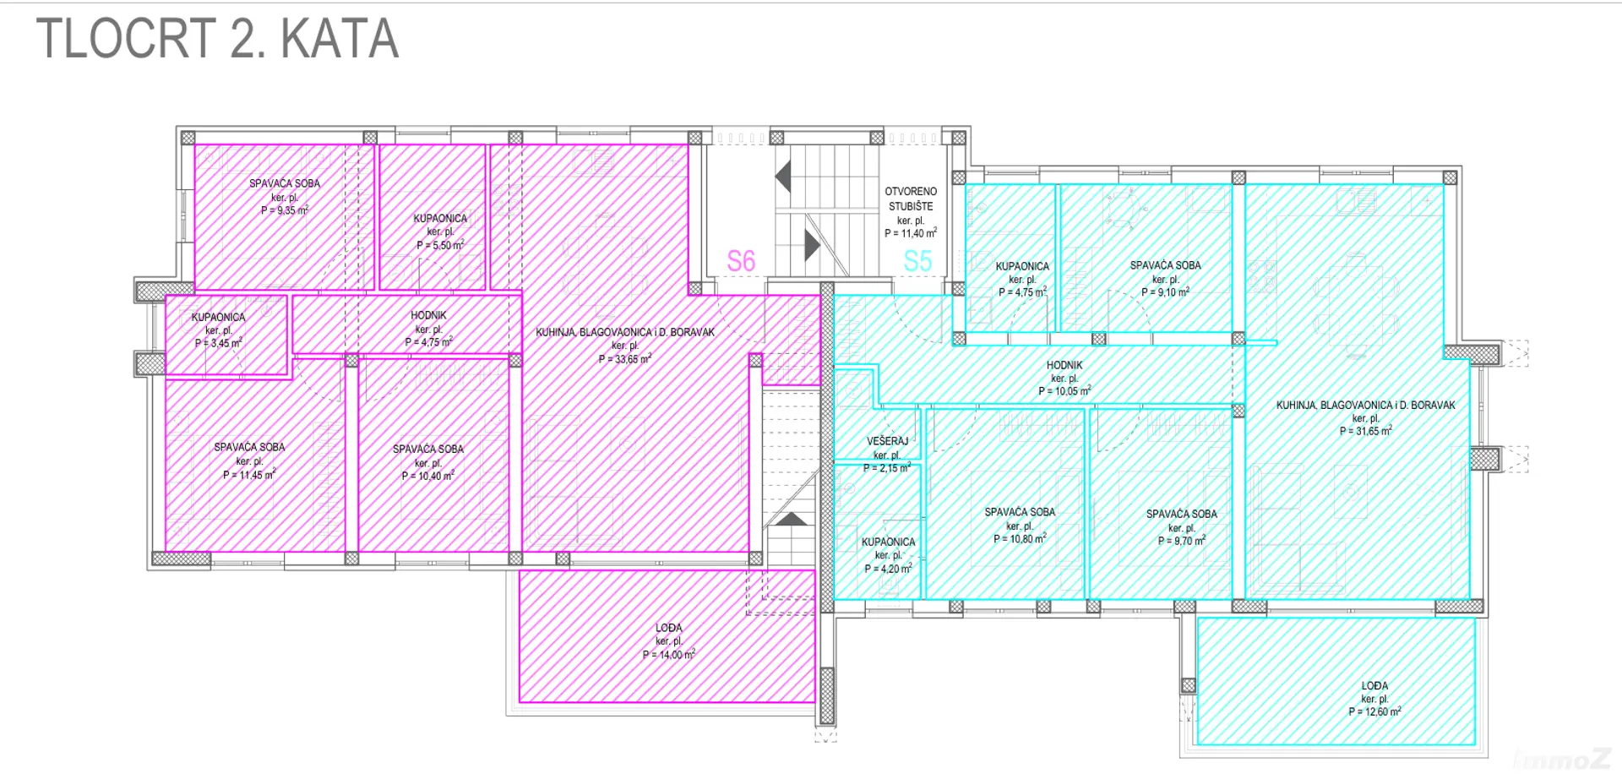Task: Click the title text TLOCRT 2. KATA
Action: (x=217, y=38)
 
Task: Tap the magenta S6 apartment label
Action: (x=741, y=261)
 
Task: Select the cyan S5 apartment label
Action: (x=917, y=261)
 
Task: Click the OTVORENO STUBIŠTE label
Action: (x=911, y=199)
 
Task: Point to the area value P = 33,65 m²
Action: (x=625, y=359)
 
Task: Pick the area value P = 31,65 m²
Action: (x=1366, y=431)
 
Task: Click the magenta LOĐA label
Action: (x=669, y=628)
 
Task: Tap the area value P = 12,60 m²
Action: (x=1374, y=711)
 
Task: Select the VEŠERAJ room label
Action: (x=887, y=441)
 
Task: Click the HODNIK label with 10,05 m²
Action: (x=1064, y=365)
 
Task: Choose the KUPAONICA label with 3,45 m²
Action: (x=218, y=317)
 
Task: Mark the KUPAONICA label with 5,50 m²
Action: (x=440, y=218)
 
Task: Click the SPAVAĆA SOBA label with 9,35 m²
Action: (x=285, y=182)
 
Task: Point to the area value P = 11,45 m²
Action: (x=249, y=475)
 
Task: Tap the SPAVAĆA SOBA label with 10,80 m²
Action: (x=1020, y=511)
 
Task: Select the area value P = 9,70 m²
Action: (x=1182, y=541)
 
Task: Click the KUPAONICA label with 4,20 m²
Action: (x=888, y=542)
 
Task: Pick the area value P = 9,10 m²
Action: (x=1166, y=292)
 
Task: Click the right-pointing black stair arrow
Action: (x=813, y=245)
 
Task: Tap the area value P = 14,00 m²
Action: (x=669, y=655)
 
